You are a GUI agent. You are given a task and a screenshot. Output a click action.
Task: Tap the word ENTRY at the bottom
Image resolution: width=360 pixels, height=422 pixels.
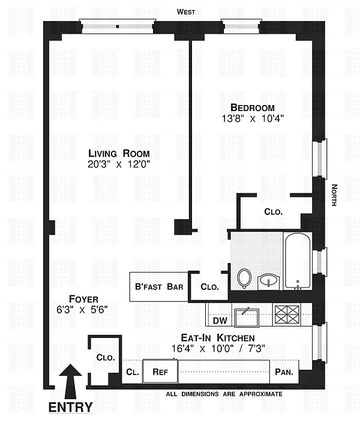click(70, 408)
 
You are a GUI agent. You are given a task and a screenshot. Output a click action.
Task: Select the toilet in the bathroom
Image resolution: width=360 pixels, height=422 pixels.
click(244, 279)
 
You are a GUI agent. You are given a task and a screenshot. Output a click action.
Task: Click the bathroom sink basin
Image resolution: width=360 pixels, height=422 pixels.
click(268, 282)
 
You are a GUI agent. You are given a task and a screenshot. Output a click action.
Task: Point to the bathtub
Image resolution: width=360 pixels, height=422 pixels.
click(298, 262)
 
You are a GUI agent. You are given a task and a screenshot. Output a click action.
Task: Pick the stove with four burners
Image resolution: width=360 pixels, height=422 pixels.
click(287, 315)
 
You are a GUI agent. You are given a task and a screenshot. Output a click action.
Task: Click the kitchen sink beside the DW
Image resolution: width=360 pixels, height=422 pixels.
click(247, 318)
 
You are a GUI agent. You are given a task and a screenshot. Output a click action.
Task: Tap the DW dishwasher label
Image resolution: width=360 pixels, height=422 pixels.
click(220, 321)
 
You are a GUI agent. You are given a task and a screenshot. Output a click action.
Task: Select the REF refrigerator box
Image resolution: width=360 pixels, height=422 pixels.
click(160, 371)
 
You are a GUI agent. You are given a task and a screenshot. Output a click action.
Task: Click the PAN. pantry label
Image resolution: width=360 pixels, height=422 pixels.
click(284, 372)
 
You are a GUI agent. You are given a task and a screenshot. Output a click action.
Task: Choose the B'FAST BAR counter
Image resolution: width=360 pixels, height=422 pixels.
click(159, 286)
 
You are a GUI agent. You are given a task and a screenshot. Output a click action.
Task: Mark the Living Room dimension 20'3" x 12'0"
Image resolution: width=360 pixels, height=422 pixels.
click(119, 164)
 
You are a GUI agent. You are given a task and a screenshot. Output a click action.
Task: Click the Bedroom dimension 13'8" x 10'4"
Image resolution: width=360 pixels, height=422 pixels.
click(253, 118)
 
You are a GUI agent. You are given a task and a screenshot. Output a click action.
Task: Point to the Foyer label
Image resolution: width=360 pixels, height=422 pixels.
click(83, 299)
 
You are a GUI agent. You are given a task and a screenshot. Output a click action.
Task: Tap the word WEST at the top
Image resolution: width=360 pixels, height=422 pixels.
click(186, 12)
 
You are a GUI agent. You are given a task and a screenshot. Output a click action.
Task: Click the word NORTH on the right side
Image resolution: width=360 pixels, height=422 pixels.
click(334, 195)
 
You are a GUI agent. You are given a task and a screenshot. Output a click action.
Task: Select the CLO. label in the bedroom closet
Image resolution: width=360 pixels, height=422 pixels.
click(274, 212)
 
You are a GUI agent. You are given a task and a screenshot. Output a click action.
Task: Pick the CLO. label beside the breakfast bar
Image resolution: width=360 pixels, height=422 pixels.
click(210, 287)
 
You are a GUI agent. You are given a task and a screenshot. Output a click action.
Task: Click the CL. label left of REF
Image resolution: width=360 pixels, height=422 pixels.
click(133, 372)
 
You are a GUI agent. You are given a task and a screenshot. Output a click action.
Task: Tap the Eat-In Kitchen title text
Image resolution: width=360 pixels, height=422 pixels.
click(218, 337)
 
